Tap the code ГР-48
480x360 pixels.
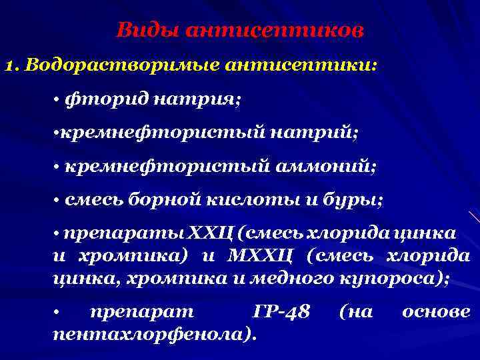click(x=282, y=312)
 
